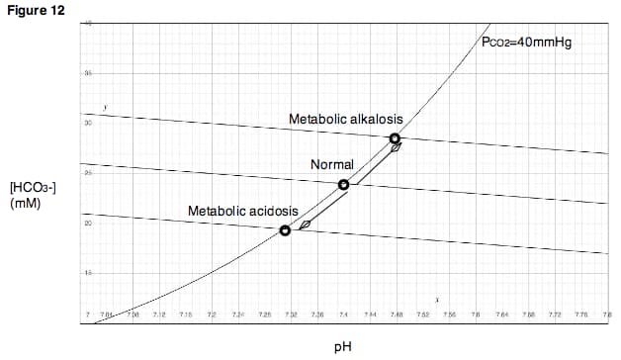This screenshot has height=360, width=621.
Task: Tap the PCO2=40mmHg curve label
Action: click(x=527, y=44)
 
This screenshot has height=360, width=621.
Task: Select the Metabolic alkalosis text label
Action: click(x=345, y=120)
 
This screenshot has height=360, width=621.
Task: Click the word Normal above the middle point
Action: click(x=332, y=163)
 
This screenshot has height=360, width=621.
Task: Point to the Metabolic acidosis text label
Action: click(x=242, y=211)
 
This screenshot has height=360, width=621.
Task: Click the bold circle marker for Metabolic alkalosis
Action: click(x=396, y=138)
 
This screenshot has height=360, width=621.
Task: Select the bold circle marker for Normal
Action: click(x=343, y=185)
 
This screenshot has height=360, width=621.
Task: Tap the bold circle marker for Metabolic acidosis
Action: click(x=286, y=230)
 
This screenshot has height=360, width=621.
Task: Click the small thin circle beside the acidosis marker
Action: click(x=305, y=225)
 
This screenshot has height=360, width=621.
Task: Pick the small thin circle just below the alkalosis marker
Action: click(x=396, y=148)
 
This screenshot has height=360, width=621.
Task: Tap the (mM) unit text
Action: click(x=23, y=204)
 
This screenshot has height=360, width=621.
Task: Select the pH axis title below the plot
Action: click(x=342, y=347)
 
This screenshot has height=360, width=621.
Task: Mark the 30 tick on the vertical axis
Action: click(x=88, y=124)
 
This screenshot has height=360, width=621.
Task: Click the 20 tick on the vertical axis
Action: click(x=88, y=223)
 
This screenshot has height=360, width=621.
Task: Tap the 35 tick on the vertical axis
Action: click(x=88, y=74)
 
